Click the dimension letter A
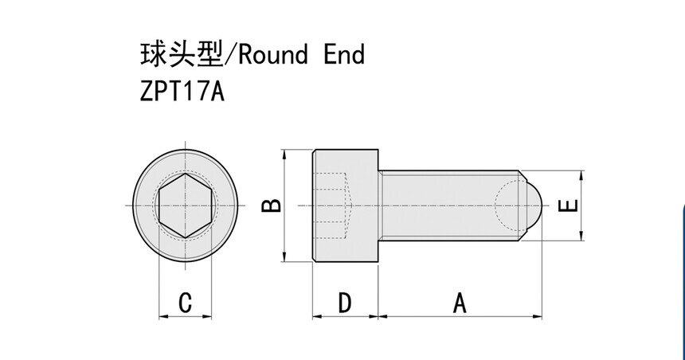coord(460,303)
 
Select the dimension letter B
coord(272,205)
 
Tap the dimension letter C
coord(185,303)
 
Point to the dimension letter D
coord(344,303)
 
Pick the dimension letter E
coord(568,205)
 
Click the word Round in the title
coord(273,54)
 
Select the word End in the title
coord(345,54)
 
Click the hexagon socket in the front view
coord(185,205)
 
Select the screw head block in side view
coord(344,205)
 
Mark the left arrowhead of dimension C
coord(162,316)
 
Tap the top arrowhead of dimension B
coord(284,154)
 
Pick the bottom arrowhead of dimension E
coord(583,236)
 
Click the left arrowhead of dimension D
coord(315,316)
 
